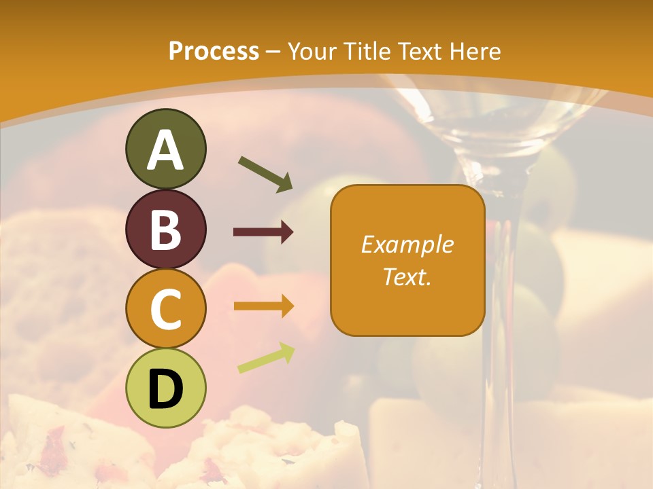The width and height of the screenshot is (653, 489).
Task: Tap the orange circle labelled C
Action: pyautogui.click(x=165, y=309)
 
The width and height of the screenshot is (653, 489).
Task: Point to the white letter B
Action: pyautogui.click(x=165, y=230)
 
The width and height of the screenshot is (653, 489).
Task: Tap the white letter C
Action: pyautogui.click(x=165, y=310)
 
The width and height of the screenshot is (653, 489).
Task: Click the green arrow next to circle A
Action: pyautogui.click(x=265, y=173)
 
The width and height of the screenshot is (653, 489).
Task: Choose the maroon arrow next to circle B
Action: pyautogui.click(x=263, y=232)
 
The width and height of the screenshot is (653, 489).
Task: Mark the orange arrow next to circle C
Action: pyautogui.click(x=263, y=306)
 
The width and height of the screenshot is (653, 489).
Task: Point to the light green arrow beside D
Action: pyautogui.click(x=266, y=357)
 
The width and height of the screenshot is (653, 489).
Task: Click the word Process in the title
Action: pyautogui.click(x=214, y=51)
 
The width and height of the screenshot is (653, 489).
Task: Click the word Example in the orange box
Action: pyautogui.click(x=407, y=244)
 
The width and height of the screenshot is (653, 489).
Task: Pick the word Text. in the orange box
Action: pyautogui.click(x=407, y=276)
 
